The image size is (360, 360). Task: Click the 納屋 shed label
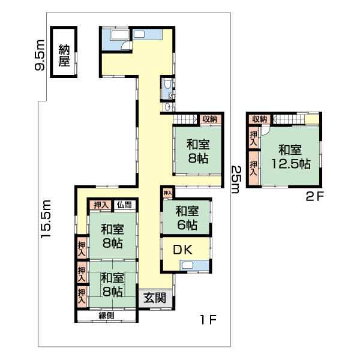(64, 55)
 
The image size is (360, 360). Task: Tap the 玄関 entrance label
(155, 298)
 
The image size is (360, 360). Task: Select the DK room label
(182, 250)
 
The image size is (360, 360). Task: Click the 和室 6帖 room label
(187, 218)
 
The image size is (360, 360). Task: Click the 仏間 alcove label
(124, 205)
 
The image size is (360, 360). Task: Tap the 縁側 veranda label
(107, 316)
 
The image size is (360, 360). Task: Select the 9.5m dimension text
(40, 55)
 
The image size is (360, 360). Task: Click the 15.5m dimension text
(46, 219)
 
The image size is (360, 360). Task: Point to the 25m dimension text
(236, 179)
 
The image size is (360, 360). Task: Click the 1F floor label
(208, 320)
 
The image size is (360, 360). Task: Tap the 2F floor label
(315, 197)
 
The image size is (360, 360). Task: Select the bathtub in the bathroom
(119, 35)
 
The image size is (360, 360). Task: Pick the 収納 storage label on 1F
(210, 119)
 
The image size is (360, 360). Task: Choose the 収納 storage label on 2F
(259, 119)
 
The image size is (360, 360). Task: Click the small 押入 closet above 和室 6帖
(168, 193)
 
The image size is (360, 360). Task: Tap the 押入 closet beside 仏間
(100, 205)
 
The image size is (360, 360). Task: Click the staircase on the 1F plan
(185, 119)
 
